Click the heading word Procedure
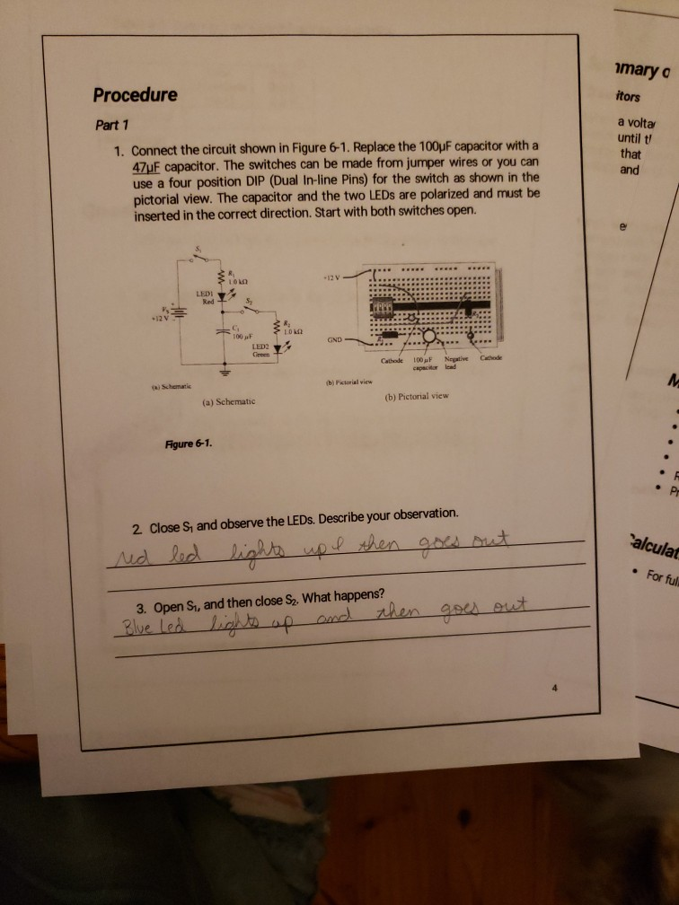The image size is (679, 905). pyautogui.click(x=135, y=95)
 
